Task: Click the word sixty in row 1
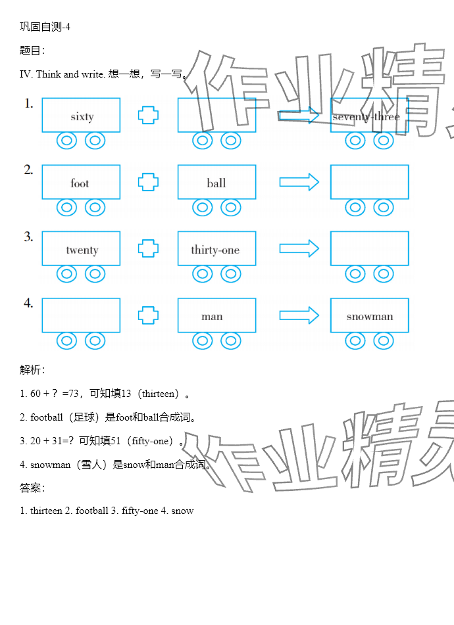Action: click(82, 117)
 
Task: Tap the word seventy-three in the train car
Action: click(366, 117)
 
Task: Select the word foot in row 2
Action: click(80, 183)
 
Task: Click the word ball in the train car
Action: click(216, 183)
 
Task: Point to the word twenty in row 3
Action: click(82, 250)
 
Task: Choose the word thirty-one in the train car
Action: click(215, 250)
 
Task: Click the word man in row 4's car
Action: click(212, 317)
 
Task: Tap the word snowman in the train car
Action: click(370, 317)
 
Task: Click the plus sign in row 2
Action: click(148, 182)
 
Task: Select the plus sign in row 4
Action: click(148, 315)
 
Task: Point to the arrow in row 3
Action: click(299, 248)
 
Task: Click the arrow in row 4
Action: click(299, 315)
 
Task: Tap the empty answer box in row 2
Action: click(369, 182)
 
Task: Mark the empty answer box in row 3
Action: click(369, 248)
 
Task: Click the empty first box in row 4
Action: click(81, 315)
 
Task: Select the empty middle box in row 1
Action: click(216, 115)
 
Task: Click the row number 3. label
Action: click(28, 237)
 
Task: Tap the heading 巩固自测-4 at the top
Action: click(45, 27)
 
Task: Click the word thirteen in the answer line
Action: click(45, 511)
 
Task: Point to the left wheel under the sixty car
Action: click(66, 140)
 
